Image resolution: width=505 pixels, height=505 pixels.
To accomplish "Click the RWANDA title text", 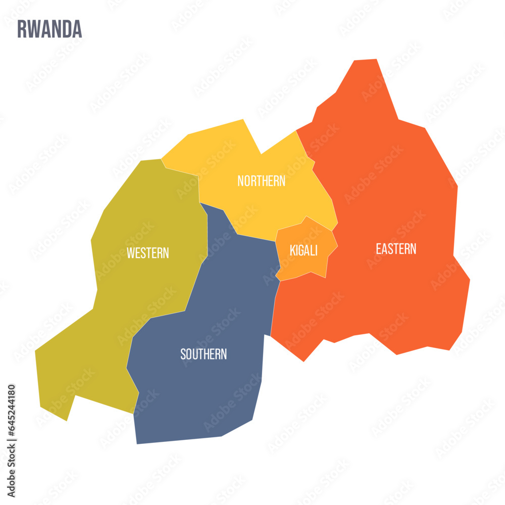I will (x=49, y=29).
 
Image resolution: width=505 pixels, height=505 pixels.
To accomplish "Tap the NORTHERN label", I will (x=261, y=181).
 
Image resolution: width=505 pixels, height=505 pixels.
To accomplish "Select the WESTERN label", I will (x=147, y=253).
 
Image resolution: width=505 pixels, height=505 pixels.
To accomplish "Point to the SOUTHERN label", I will (x=204, y=354).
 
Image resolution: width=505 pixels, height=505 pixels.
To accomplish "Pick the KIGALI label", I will (x=304, y=250).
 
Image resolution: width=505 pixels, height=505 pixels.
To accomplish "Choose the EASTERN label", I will (x=396, y=248).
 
